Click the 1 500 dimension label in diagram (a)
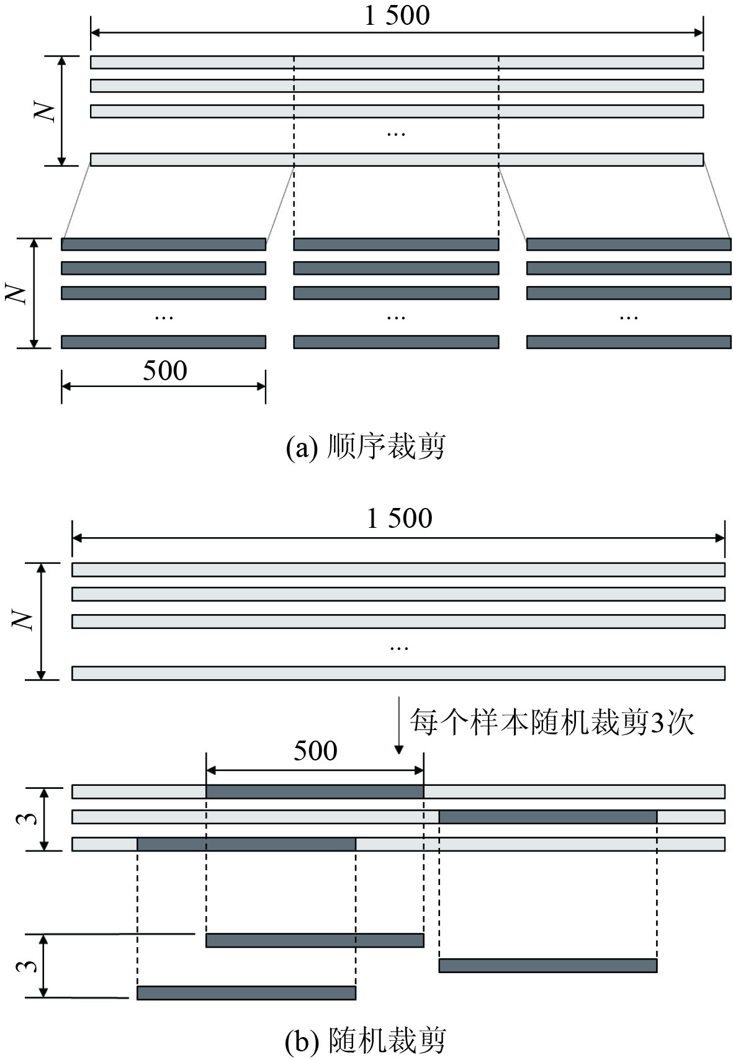397,16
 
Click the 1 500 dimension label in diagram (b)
399,519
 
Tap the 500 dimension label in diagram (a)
164,371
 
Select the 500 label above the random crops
315,751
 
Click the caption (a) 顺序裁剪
366,447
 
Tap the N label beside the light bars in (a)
47,111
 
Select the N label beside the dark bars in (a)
18,293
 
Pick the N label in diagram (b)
24,621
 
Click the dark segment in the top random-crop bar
315,791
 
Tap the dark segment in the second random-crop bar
547,816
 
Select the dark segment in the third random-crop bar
246,844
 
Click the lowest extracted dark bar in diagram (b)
246,992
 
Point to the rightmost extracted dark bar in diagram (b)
547,965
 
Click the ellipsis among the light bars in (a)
396,133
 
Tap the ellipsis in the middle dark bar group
396,317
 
